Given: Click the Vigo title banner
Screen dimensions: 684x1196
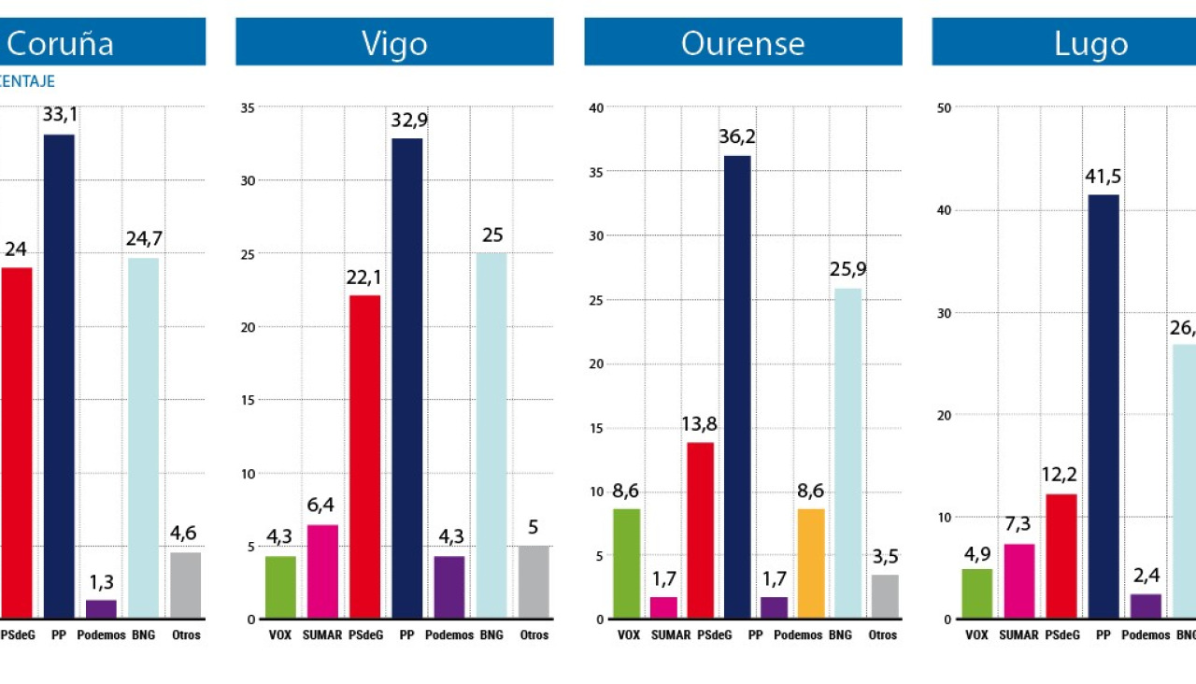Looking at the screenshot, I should pyautogui.click(x=394, y=42).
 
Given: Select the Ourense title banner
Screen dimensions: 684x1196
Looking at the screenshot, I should pyautogui.click(x=743, y=42).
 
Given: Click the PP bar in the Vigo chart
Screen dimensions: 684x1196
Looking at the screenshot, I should pyautogui.click(x=406, y=378).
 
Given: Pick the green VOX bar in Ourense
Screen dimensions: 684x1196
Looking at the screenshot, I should pyautogui.click(x=626, y=563).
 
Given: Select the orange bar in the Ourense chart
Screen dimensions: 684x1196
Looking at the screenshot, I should pyautogui.click(x=811, y=563).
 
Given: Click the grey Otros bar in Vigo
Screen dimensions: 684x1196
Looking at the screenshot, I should pyautogui.click(x=534, y=582).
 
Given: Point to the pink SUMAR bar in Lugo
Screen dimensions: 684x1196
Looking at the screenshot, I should pyautogui.click(x=1019, y=581).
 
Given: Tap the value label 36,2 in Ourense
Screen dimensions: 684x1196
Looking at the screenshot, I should pyautogui.click(x=737, y=137).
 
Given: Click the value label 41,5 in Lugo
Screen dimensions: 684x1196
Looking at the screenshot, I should pyautogui.click(x=1103, y=177).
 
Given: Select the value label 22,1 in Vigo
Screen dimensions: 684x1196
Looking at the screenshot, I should pyautogui.click(x=364, y=278).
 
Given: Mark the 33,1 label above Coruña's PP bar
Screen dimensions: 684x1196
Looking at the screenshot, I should pyautogui.click(x=59, y=116).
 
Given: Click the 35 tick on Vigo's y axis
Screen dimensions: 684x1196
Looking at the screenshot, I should pyautogui.click(x=248, y=107).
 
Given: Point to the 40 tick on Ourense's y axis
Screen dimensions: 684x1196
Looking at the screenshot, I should pyautogui.click(x=596, y=107).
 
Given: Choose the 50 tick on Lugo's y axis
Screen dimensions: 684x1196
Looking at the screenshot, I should pyautogui.click(x=944, y=107).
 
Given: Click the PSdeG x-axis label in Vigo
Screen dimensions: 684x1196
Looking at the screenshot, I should pyautogui.click(x=364, y=634).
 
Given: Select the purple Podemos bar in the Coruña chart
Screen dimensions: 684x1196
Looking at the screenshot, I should pyautogui.click(x=101, y=608).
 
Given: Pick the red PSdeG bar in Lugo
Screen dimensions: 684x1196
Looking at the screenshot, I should pyautogui.click(x=1061, y=556).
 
